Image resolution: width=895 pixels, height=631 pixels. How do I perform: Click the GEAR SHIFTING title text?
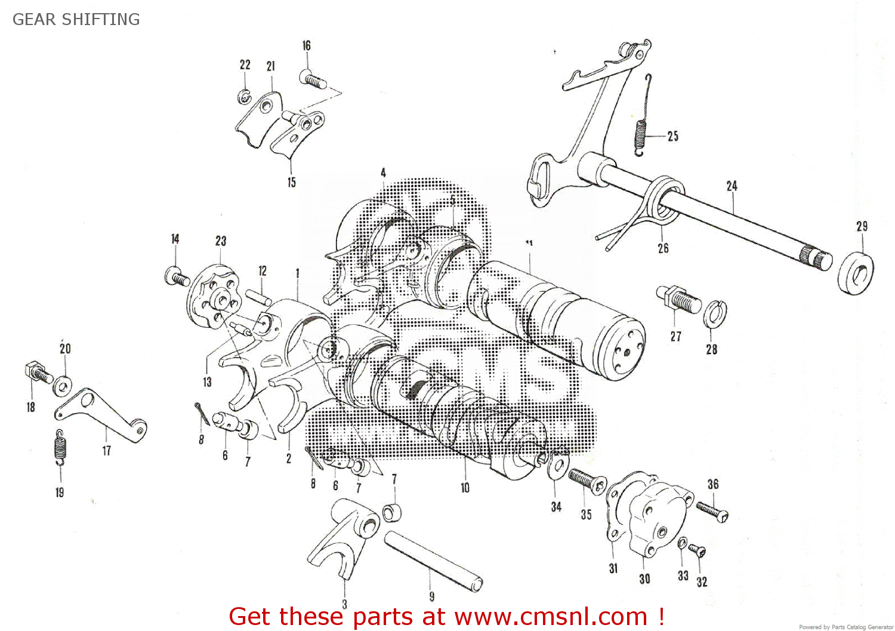(x=76, y=19)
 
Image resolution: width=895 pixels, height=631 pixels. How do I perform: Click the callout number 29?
(x=862, y=226)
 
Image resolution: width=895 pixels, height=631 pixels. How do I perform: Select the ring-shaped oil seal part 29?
(x=856, y=273)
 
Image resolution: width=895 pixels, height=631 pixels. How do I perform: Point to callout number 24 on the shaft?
(x=732, y=186)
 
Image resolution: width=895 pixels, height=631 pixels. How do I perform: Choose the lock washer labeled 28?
(x=714, y=315)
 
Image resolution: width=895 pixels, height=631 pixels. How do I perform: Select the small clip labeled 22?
(x=244, y=96)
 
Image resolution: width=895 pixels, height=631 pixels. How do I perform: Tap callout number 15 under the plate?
(x=291, y=182)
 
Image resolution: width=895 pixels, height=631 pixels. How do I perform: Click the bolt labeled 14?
(x=177, y=276)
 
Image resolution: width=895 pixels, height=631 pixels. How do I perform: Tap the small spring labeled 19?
(x=60, y=447)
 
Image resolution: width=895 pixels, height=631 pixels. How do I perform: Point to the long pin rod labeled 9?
(x=433, y=561)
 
